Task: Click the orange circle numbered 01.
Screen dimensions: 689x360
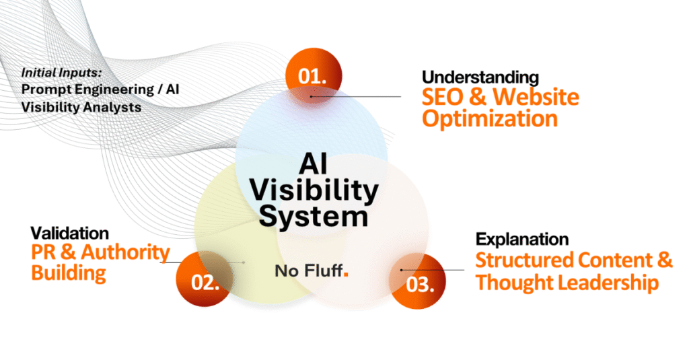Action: (x=314, y=75)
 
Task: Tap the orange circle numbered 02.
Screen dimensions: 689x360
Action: (x=205, y=279)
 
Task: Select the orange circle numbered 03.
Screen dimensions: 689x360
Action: (x=417, y=281)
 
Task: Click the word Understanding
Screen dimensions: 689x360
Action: (x=480, y=78)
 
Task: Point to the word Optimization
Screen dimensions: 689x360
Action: (x=490, y=118)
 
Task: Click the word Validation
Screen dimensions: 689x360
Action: (x=69, y=233)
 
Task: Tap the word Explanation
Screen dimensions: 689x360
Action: (x=522, y=239)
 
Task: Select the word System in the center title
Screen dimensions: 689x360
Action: (x=314, y=217)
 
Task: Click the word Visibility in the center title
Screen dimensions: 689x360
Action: (x=314, y=190)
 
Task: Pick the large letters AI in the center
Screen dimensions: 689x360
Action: (x=314, y=164)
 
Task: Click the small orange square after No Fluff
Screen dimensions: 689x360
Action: (x=346, y=275)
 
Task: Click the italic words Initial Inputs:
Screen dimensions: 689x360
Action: (x=61, y=73)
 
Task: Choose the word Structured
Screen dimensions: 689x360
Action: (x=525, y=260)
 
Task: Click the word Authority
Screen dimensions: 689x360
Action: (x=125, y=252)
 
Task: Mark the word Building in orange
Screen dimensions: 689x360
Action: (x=69, y=273)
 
